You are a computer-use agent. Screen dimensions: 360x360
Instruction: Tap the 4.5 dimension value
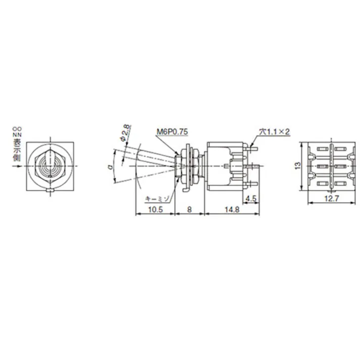[x=250, y=198]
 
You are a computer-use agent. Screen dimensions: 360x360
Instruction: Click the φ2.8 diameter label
[x=123, y=132]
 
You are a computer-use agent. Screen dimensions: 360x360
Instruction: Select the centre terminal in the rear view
[x=331, y=166]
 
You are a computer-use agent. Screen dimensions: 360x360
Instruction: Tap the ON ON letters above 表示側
[x=17, y=132]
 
